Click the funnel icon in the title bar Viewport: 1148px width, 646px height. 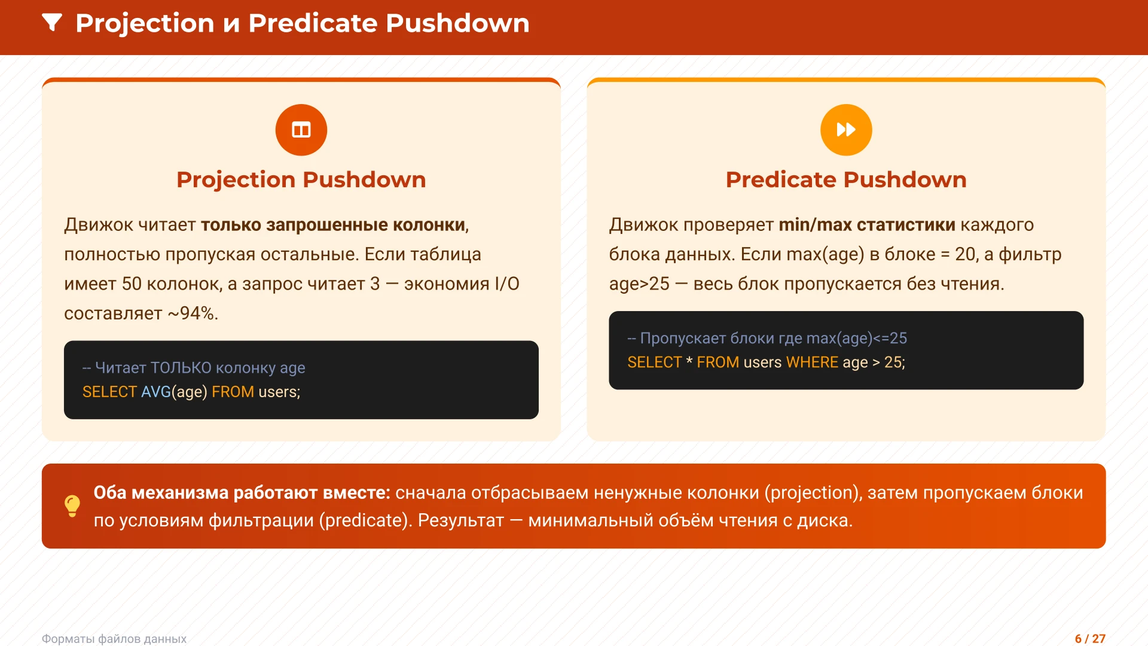(x=52, y=23)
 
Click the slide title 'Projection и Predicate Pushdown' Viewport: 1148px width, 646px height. (x=303, y=23)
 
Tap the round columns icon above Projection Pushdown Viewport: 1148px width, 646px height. (x=301, y=130)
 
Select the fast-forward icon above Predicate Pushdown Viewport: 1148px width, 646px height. (x=846, y=130)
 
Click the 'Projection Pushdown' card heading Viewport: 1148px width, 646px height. (x=301, y=179)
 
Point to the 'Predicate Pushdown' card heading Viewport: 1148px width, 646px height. (x=846, y=179)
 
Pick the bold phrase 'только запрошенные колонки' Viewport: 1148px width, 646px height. (x=333, y=225)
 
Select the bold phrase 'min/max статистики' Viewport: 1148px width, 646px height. (x=867, y=225)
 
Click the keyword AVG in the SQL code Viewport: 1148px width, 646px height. (x=156, y=392)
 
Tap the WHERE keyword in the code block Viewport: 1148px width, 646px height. (x=812, y=362)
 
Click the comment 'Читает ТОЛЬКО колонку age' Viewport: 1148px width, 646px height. (x=194, y=368)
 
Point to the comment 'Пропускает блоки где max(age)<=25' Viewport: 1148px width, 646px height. (x=767, y=339)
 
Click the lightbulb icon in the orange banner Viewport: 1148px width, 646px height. (x=72, y=506)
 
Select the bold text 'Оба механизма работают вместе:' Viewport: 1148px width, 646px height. (x=242, y=493)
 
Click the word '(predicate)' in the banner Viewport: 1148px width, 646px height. (x=366, y=520)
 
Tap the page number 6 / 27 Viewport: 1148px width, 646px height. (x=1090, y=639)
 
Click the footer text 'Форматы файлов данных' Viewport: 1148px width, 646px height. (x=114, y=639)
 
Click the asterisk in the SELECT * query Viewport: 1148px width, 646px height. (x=689, y=361)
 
